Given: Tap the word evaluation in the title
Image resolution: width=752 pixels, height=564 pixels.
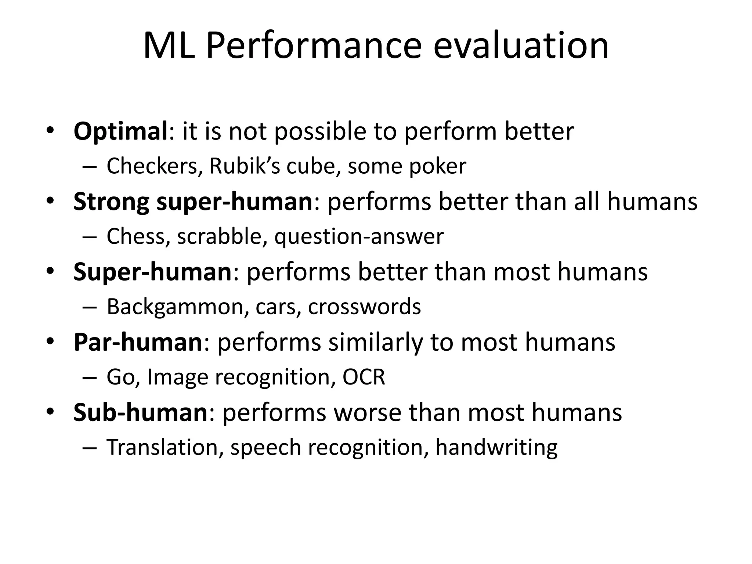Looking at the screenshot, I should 521,46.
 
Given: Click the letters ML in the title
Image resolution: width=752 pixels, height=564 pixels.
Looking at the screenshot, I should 169,46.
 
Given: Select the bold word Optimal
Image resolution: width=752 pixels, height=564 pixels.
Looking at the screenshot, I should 120,131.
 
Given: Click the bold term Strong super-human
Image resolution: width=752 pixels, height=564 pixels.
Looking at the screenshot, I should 192,202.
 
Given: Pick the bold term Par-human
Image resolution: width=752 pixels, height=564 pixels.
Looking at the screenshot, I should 138,342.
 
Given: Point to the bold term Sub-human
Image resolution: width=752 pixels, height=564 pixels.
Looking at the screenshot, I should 141,412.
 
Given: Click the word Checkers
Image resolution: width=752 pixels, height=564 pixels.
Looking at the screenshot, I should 154,166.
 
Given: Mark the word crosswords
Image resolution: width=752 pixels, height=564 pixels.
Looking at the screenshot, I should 364,307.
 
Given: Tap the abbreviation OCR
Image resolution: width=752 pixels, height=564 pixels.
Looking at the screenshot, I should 364,377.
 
